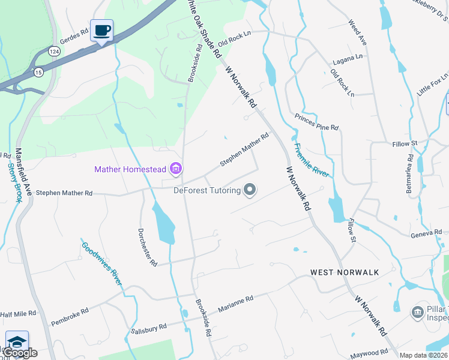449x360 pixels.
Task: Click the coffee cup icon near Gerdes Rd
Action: pyautogui.click(x=101, y=30)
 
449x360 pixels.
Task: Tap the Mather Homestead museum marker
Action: pyautogui.click(x=176, y=169)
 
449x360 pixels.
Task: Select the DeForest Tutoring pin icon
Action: pyautogui.click(x=250, y=191)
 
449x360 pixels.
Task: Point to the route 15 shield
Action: pyautogui.click(x=38, y=72)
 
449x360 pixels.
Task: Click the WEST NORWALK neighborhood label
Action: pyautogui.click(x=345, y=272)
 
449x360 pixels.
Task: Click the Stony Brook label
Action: pyautogui.click(x=14, y=182)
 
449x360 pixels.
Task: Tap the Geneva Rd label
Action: pyautogui.click(x=427, y=233)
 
